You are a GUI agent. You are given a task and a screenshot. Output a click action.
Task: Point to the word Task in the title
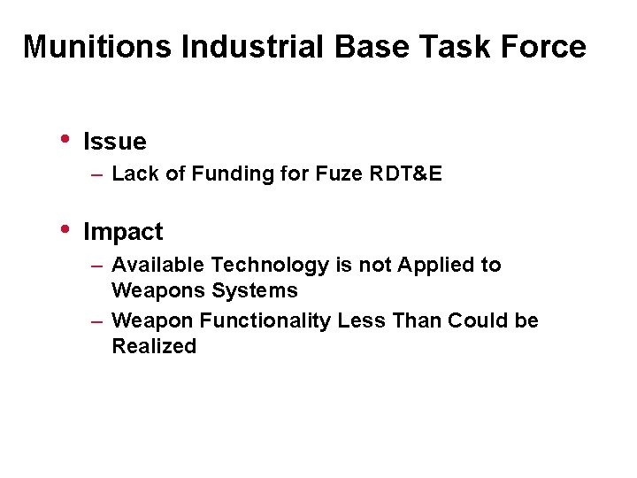tap(457, 47)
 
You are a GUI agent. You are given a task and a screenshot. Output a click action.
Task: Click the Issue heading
tap(114, 142)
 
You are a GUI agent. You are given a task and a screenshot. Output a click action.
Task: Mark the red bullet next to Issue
tap(65, 139)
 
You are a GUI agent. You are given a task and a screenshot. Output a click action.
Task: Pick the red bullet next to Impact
tap(65, 229)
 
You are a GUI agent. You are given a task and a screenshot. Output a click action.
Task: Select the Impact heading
tap(123, 233)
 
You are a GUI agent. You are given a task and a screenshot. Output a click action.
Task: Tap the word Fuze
tap(338, 174)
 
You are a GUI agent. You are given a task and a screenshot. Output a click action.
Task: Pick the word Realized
tap(154, 347)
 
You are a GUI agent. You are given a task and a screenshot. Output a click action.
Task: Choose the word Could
tap(478, 320)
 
